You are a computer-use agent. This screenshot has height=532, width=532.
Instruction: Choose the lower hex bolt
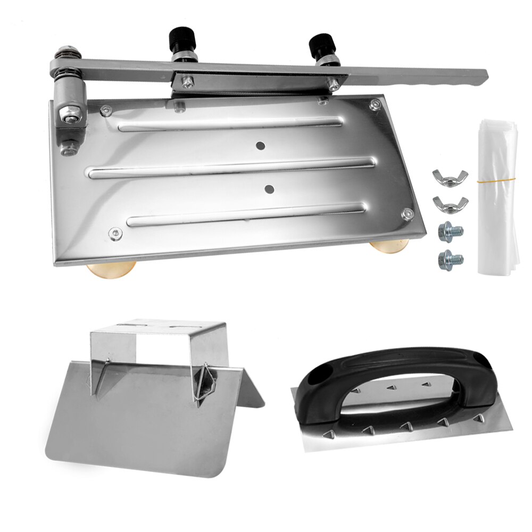click(450, 259)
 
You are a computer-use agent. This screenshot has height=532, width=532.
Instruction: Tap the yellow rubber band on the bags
click(495, 181)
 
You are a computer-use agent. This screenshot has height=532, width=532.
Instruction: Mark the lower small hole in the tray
click(269, 188)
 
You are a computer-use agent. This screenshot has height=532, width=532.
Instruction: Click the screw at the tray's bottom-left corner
click(113, 232)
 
